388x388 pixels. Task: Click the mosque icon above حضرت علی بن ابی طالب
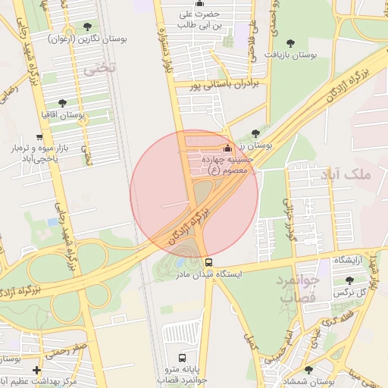click(x=199, y=3)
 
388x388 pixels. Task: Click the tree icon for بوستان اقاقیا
click(x=62, y=103)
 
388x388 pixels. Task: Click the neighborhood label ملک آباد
click(x=349, y=175)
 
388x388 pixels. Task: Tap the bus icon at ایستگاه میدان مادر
click(x=208, y=262)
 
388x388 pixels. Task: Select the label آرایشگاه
click(x=350, y=260)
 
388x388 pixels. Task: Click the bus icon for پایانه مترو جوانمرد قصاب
click(x=181, y=357)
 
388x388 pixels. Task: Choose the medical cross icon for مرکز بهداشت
click(x=37, y=369)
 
